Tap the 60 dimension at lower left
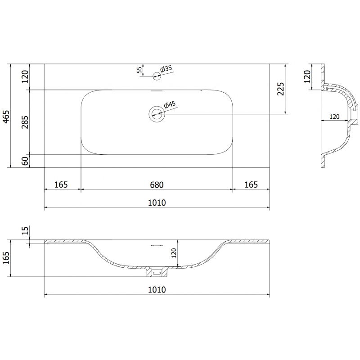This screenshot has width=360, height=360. point(25,160)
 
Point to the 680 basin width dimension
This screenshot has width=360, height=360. point(156,184)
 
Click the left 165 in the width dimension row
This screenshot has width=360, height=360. point(61,184)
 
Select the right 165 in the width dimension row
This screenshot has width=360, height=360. point(251,184)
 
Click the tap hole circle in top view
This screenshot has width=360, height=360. point(157,75)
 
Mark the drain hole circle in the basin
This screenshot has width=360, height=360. point(157,114)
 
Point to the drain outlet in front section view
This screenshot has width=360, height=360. point(157,273)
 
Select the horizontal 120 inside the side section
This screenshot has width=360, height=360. point(334,117)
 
